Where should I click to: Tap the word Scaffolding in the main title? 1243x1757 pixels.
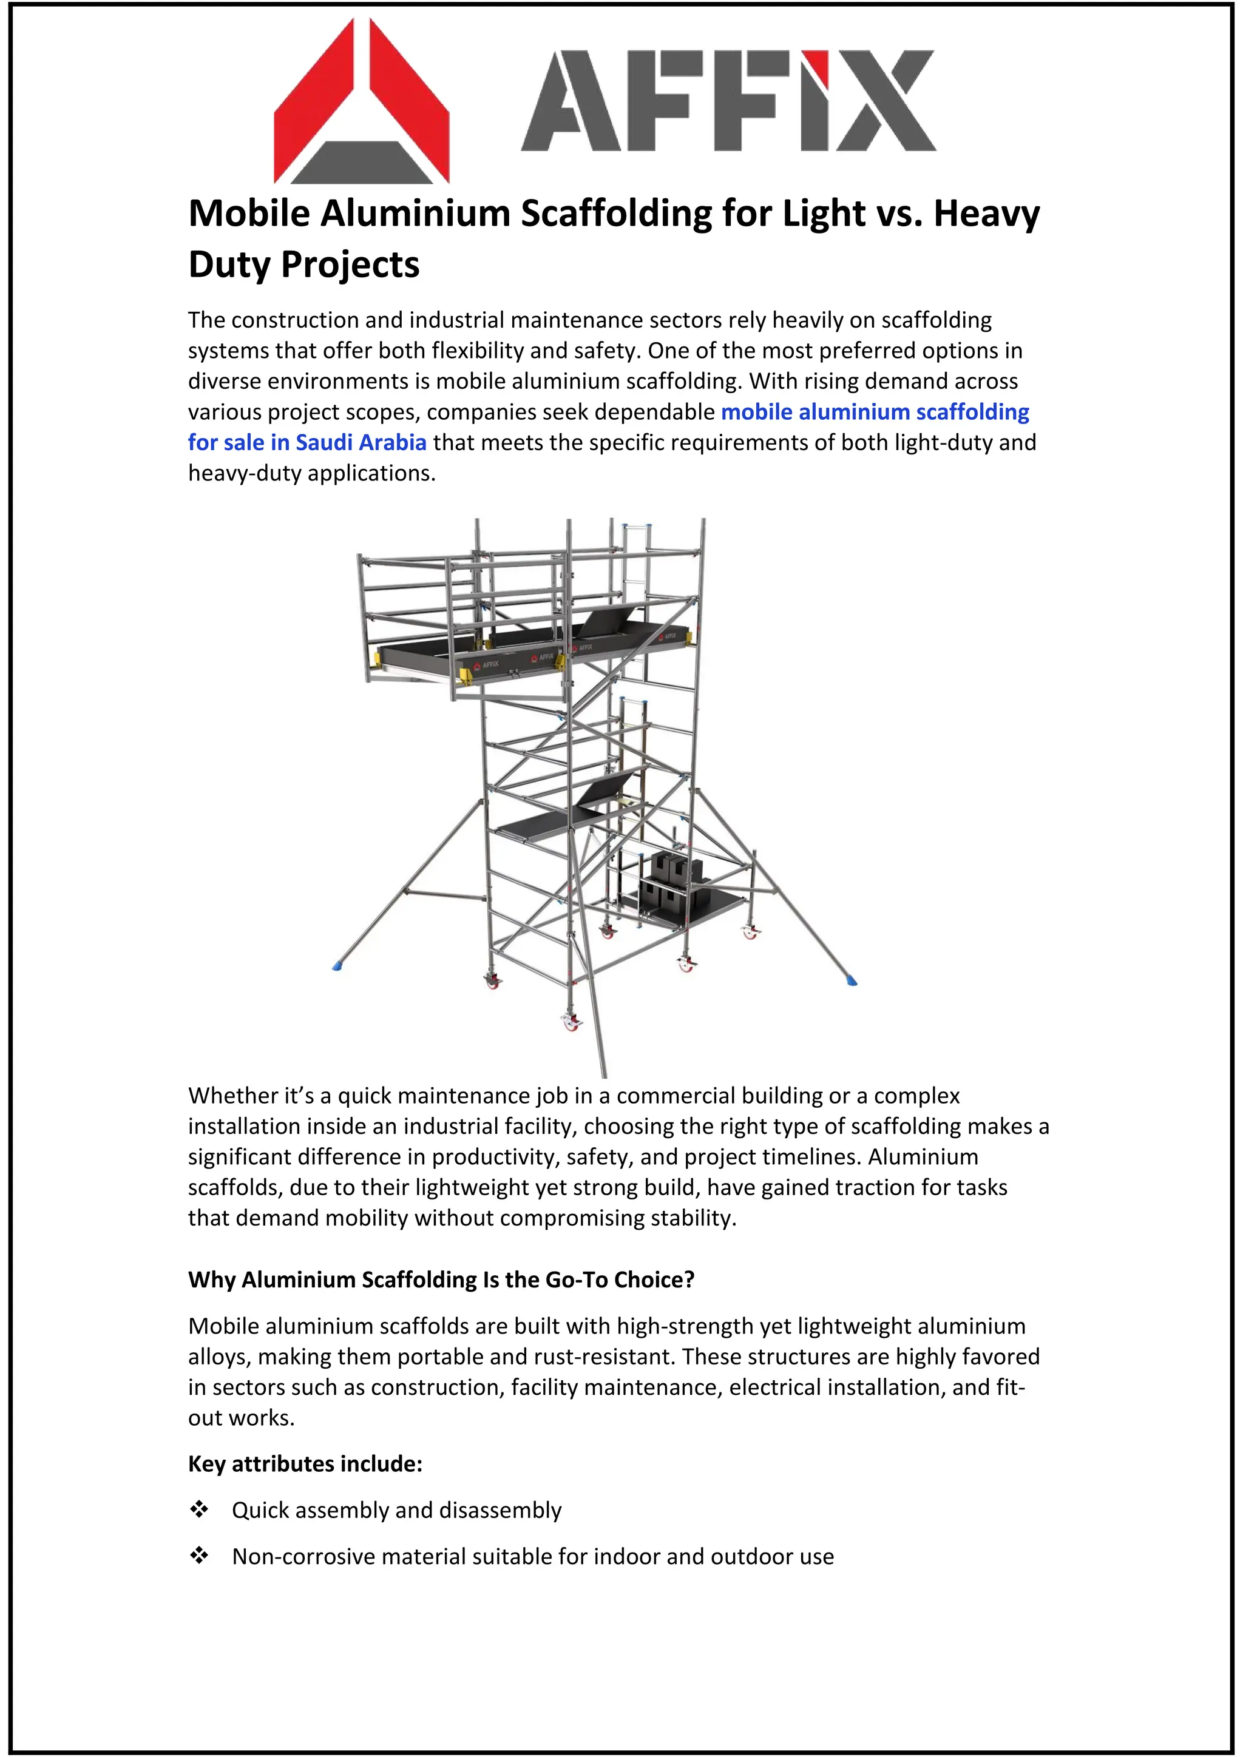tap(616, 213)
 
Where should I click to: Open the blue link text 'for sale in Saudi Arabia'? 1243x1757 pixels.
tap(307, 442)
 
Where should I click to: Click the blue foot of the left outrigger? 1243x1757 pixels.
tap(337, 966)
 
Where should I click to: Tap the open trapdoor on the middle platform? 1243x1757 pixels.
tap(605, 789)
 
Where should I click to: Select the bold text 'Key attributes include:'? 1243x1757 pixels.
tap(305, 1464)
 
